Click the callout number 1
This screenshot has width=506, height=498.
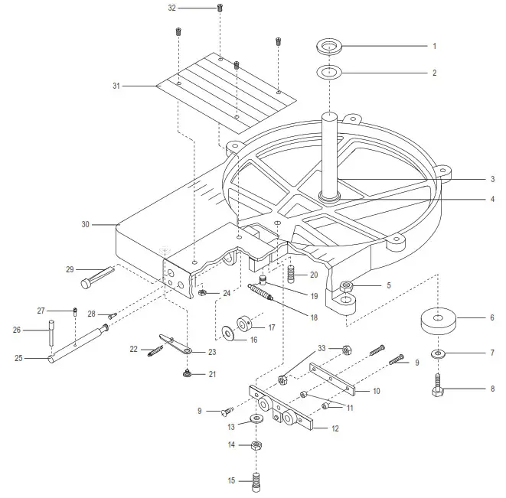[434, 47]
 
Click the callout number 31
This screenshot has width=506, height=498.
[117, 86]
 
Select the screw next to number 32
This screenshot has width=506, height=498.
[220, 8]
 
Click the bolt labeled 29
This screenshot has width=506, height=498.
[95, 277]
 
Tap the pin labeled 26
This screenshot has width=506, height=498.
[52, 333]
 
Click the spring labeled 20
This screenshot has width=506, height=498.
[292, 272]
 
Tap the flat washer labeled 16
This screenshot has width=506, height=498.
[229, 333]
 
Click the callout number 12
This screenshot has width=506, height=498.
[334, 428]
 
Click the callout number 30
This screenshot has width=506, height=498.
[86, 225]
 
